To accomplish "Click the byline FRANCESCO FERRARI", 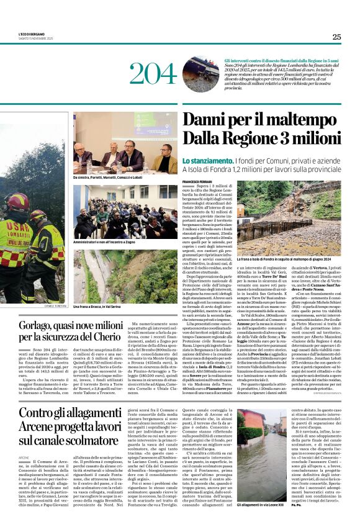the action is click(197, 181).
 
